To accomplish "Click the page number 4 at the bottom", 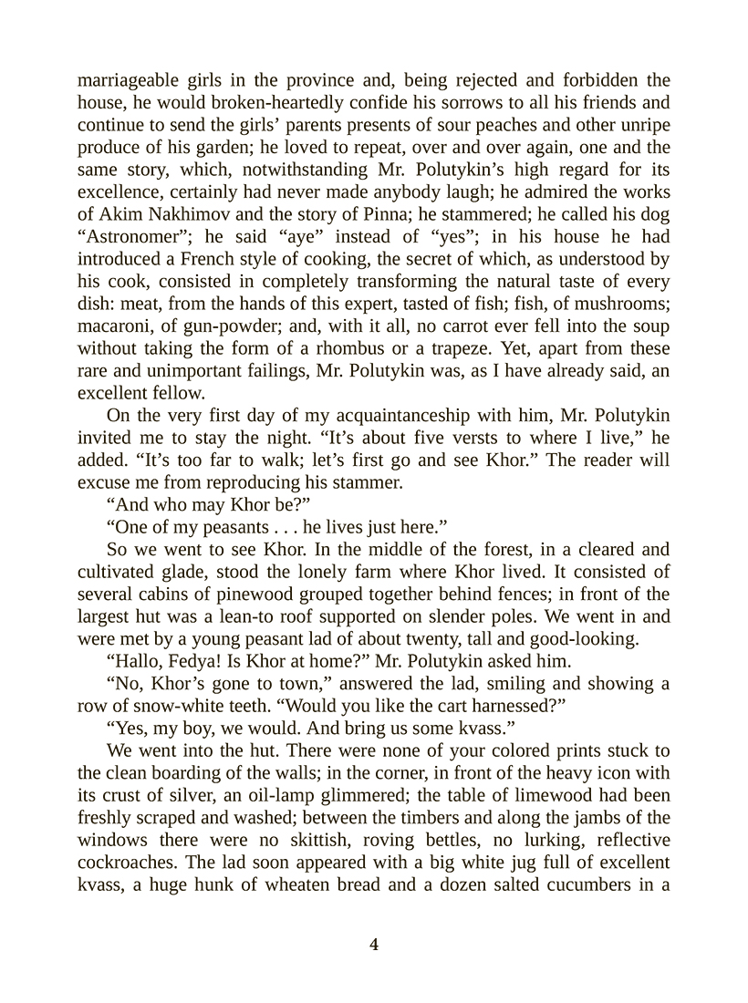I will click(374, 945).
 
